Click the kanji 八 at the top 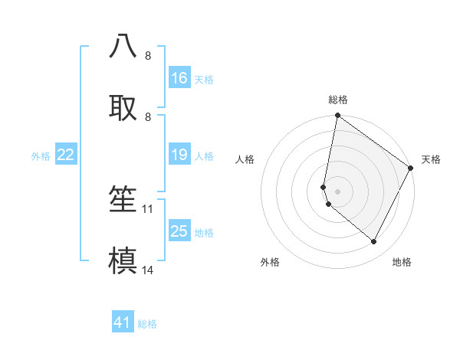point(123,47)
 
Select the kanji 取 point(123,106)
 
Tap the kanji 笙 point(123,198)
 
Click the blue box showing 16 point(179,78)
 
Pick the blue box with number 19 point(179,155)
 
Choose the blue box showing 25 point(179,231)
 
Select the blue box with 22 point(66,155)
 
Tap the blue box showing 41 point(123,322)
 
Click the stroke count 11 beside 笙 point(149,208)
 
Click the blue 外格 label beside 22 point(41,156)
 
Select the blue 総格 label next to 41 point(147,324)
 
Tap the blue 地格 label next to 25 point(204,233)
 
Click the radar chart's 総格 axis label point(338,100)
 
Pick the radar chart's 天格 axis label point(431,159)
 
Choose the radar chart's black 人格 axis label point(245,159)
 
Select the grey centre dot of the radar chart point(338,191)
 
